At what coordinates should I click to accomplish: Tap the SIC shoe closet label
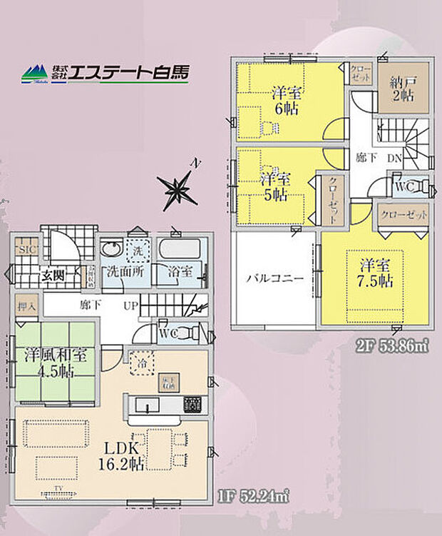(x=28, y=251)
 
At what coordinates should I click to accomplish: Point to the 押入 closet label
(x=26, y=304)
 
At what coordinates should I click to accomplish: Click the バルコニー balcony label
(x=272, y=278)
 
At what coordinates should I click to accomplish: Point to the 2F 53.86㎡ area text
(x=391, y=348)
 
